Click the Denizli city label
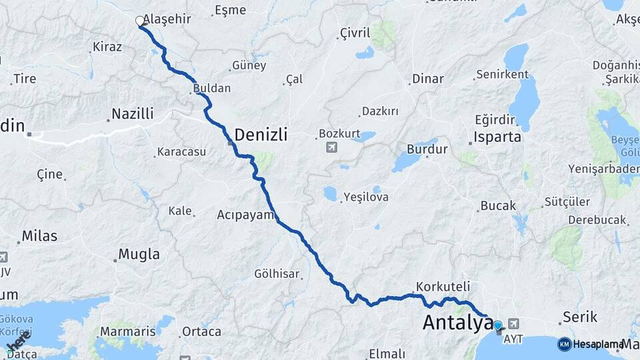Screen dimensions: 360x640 [261, 135]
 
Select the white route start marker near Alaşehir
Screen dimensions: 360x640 [141, 21]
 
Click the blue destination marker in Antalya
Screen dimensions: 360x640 [498, 325]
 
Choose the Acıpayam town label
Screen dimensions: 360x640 [246, 215]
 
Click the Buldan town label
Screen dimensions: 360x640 [211, 88]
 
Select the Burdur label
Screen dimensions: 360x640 [427, 149]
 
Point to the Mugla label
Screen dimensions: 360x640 [139, 254]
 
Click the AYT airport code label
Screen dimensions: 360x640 [513, 339]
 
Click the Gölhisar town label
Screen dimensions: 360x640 [277, 273]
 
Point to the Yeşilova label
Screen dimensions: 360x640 [365, 197]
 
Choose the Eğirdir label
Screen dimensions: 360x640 [495, 120]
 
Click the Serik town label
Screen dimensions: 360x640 [579, 316]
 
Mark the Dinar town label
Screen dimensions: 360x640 [427, 79]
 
